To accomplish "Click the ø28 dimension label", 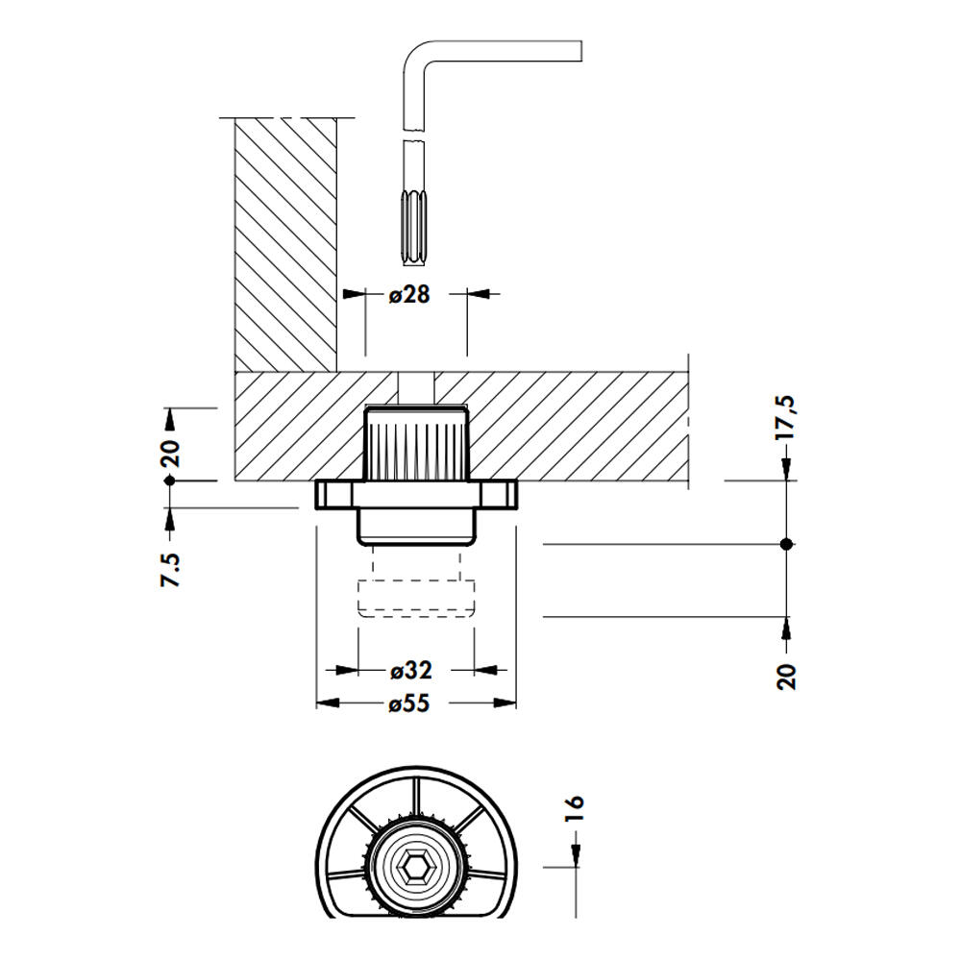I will click(x=410, y=294).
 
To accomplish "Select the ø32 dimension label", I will click(x=410, y=670).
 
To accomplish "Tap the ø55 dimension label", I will click(x=409, y=703).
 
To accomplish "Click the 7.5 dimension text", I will click(x=170, y=569).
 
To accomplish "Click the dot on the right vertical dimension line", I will click(x=787, y=544).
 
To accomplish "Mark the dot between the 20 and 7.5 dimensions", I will click(x=170, y=480).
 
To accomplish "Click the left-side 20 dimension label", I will click(x=170, y=449).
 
